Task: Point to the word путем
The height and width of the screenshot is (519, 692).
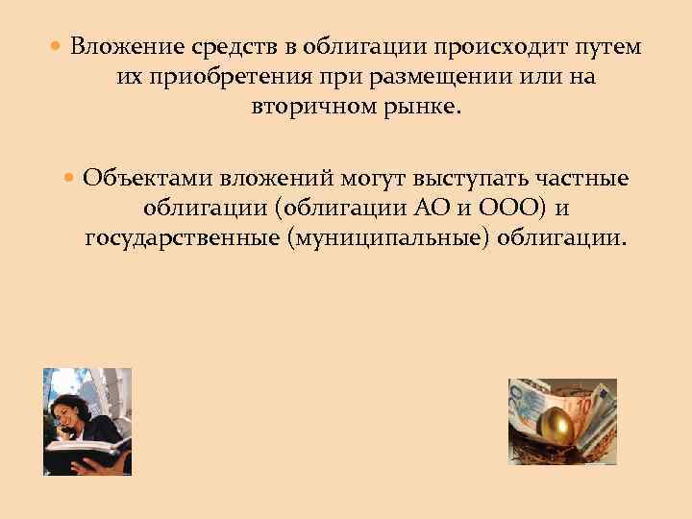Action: click(608, 47)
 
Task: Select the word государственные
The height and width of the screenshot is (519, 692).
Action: click(182, 237)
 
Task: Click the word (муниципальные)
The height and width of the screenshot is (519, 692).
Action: click(389, 237)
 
